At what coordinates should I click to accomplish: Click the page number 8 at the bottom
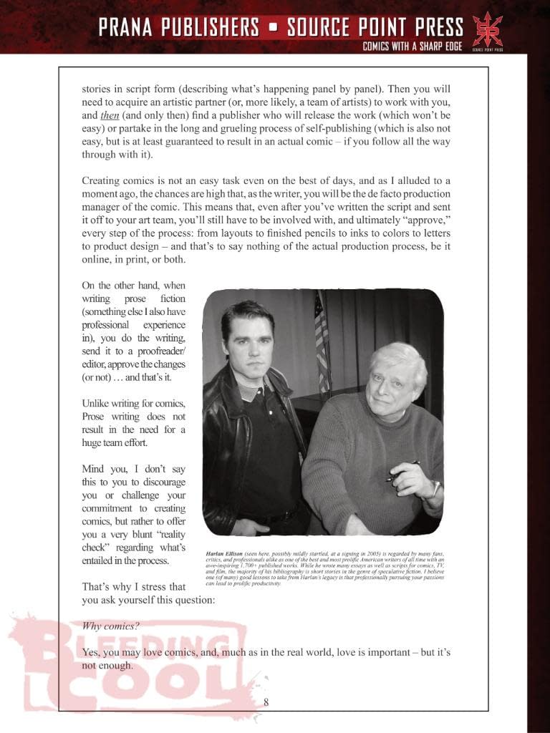(x=266, y=702)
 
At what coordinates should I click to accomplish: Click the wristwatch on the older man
(x=435, y=489)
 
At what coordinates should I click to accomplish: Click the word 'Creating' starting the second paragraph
(x=103, y=180)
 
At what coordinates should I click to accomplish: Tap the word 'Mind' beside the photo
(x=95, y=469)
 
